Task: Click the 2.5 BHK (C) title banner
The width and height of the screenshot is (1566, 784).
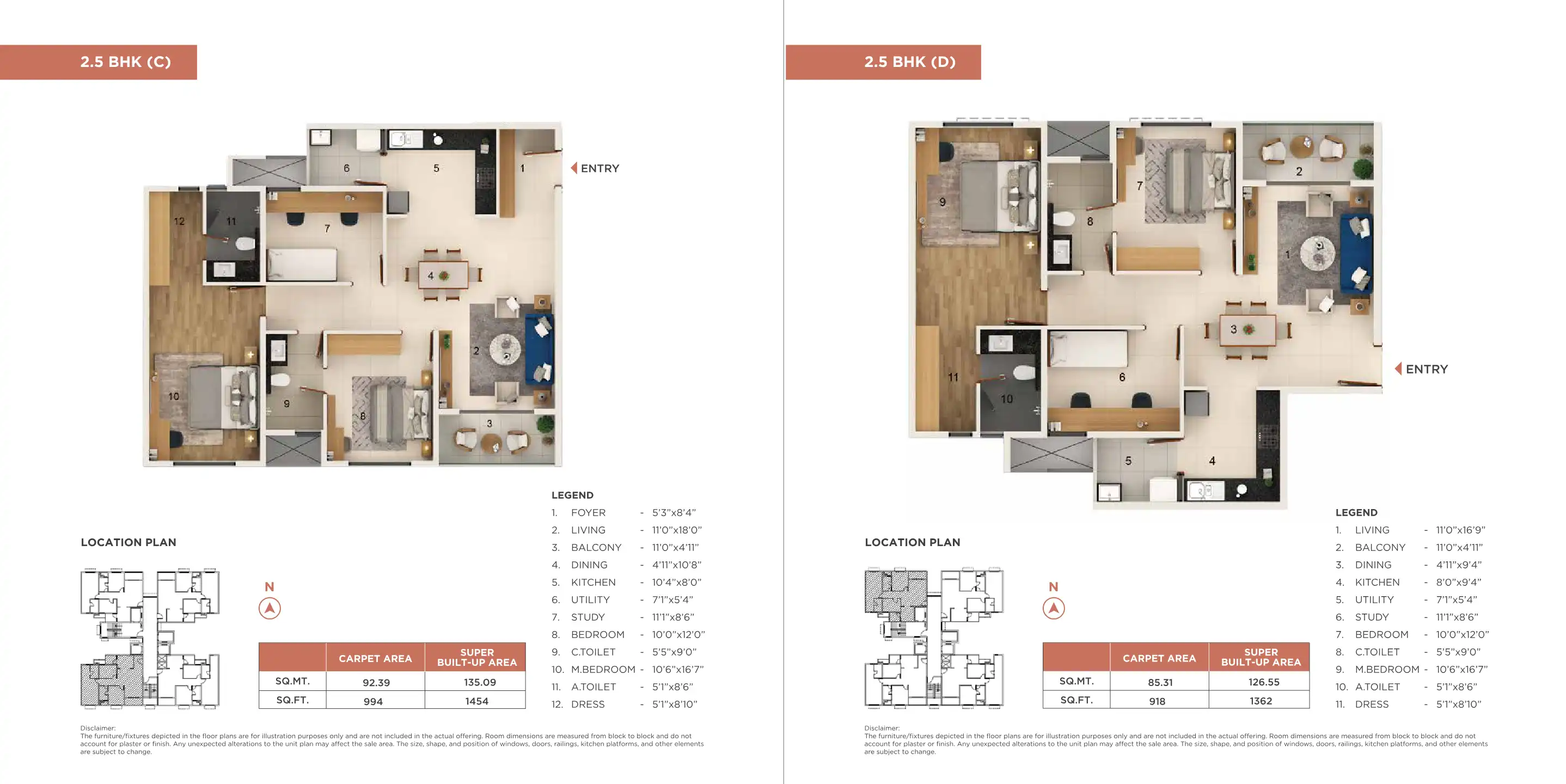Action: click(x=99, y=62)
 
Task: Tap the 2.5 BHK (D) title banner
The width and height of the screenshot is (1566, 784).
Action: click(x=883, y=62)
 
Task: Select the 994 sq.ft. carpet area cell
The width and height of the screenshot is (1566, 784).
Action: click(x=374, y=701)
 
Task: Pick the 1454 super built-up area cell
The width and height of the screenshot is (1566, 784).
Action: click(x=476, y=701)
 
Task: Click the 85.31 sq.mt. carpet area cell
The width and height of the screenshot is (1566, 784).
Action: click(x=1160, y=682)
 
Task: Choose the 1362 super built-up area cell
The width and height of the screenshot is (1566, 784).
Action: click(x=1261, y=701)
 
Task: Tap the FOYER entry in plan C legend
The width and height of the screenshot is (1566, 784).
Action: click(x=588, y=512)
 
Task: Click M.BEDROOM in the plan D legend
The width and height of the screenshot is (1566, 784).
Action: click(x=1387, y=669)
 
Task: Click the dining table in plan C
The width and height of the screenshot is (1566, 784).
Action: click(x=443, y=275)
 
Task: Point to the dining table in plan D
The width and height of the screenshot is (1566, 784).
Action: click(x=1247, y=329)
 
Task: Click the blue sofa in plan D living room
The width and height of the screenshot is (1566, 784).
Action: click(x=1356, y=253)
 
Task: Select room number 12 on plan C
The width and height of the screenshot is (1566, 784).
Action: click(x=179, y=221)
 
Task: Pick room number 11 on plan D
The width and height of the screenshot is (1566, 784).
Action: click(x=952, y=377)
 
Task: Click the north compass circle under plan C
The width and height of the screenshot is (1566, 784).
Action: click(x=270, y=608)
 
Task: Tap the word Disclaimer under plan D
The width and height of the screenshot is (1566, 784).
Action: click(x=882, y=728)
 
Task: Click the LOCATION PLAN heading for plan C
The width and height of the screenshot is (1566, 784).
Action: click(x=129, y=542)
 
